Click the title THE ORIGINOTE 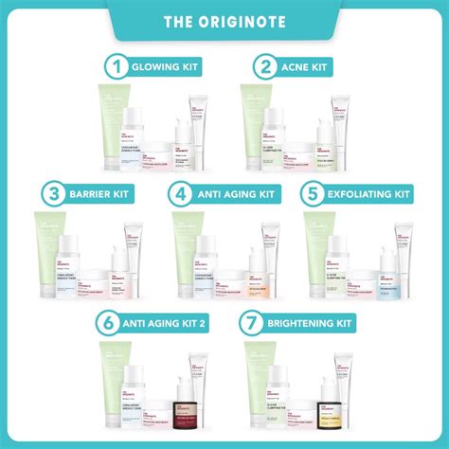tap(224, 21)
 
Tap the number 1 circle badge tap(116, 67)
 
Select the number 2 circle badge tap(265, 67)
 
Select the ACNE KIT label tap(310, 67)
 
